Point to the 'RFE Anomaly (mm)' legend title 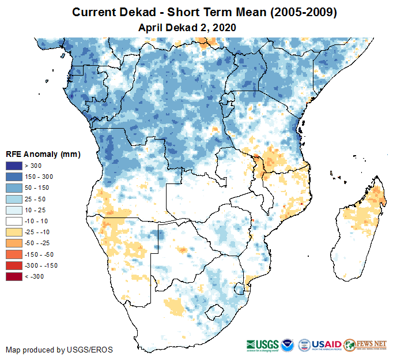(x=43, y=155)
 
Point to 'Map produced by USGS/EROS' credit (x=59, y=350)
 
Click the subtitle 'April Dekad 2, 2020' (x=187, y=28)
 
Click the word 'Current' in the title (x=93, y=12)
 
